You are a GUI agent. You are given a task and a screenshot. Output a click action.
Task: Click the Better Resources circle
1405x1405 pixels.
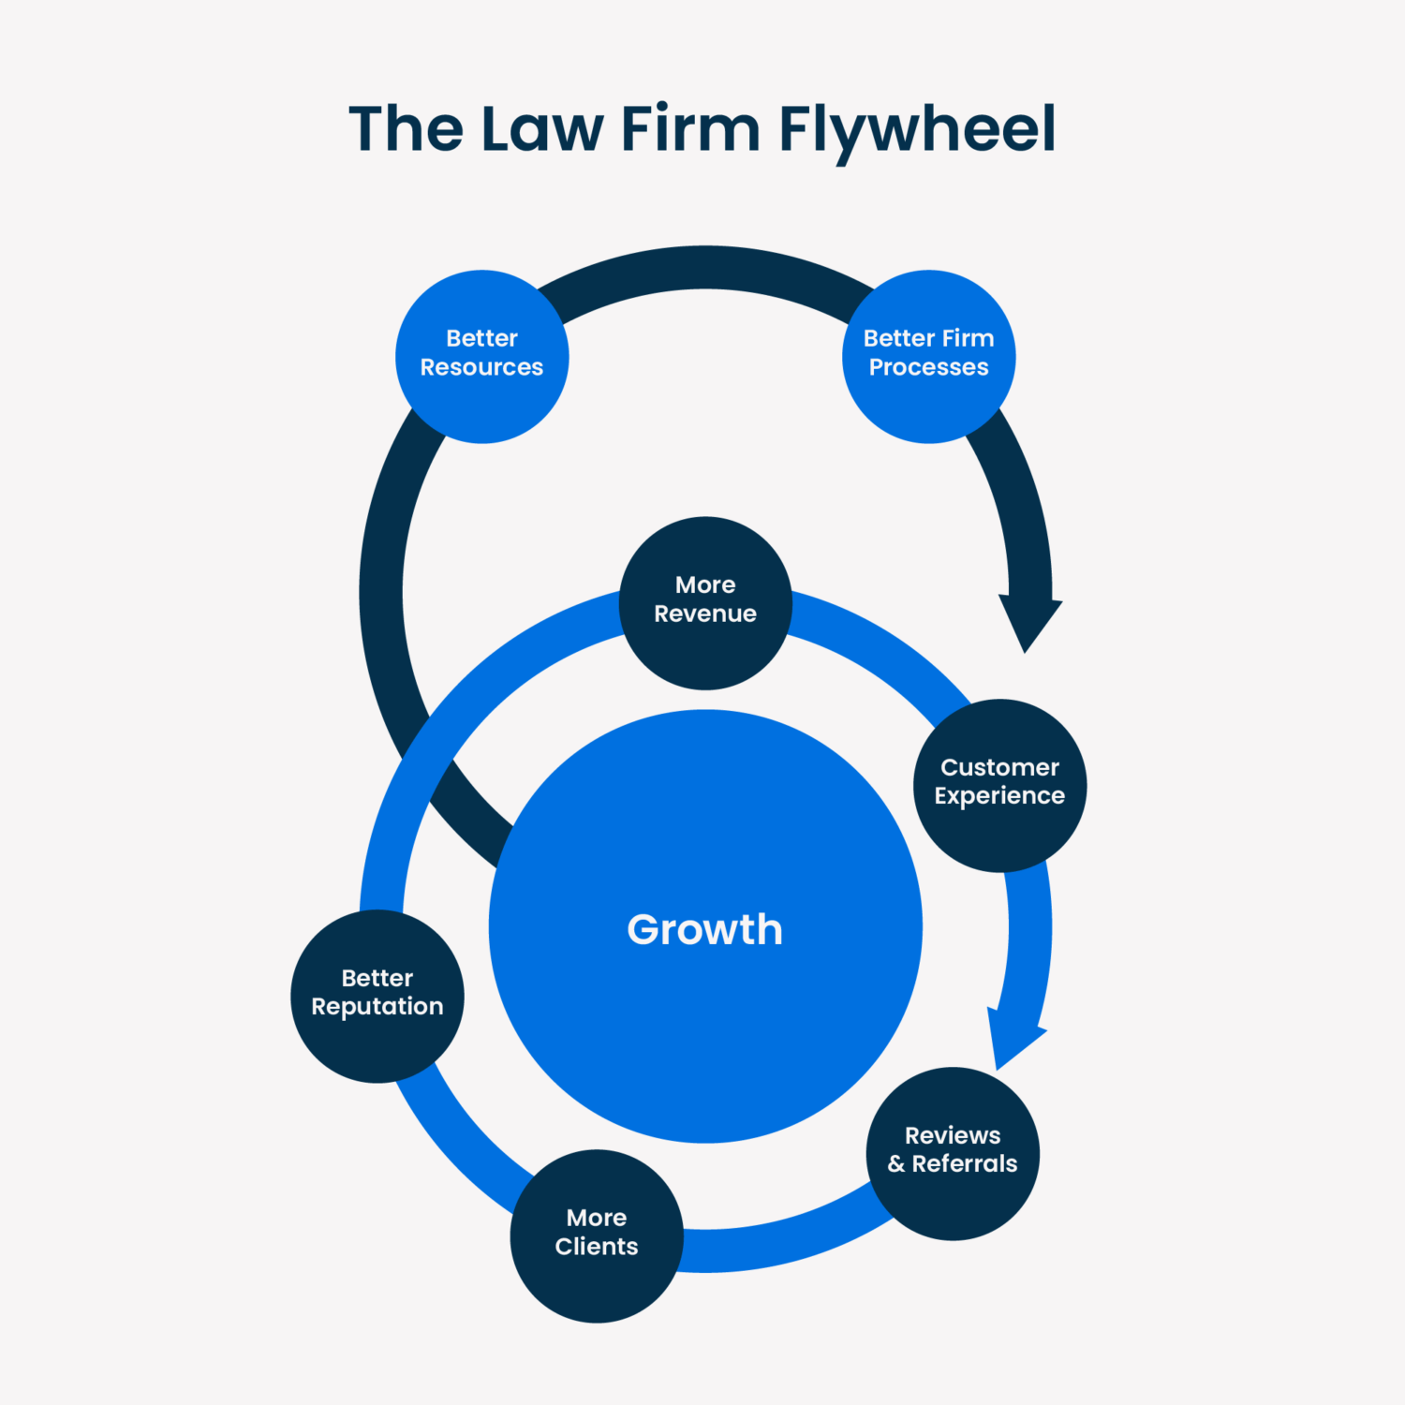click(x=481, y=356)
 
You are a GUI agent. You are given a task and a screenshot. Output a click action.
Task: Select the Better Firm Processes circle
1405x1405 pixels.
click(x=928, y=356)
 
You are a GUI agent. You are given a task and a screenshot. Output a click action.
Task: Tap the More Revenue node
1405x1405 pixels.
click(x=705, y=602)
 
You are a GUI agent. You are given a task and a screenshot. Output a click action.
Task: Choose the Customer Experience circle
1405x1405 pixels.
click(x=999, y=785)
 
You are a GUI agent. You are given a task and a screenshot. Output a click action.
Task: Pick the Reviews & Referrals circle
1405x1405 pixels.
click(x=953, y=1153)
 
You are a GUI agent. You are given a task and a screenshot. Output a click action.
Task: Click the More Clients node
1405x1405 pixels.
click(x=597, y=1235)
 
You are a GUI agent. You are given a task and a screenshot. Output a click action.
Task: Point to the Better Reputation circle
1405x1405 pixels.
click(x=377, y=996)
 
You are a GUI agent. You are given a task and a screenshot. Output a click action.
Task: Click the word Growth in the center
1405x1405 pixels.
click(x=704, y=929)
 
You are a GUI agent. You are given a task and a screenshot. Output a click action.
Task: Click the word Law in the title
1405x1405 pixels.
click(x=541, y=129)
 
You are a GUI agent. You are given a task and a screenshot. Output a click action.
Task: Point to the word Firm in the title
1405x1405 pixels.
click(x=689, y=129)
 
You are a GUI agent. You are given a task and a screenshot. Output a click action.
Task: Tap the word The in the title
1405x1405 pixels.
click(x=406, y=129)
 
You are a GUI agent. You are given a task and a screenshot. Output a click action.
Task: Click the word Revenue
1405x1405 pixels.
click(x=705, y=614)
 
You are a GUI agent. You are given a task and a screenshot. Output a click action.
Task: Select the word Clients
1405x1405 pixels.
click(x=597, y=1247)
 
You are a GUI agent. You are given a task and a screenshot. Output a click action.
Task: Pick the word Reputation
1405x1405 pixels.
click(x=377, y=1007)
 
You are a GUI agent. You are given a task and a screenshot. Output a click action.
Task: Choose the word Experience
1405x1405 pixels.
click(x=999, y=796)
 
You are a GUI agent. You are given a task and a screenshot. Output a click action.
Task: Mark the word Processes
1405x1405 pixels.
click(x=928, y=367)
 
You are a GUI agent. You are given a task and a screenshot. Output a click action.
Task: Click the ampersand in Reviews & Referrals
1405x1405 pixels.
click(x=896, y=1164)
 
